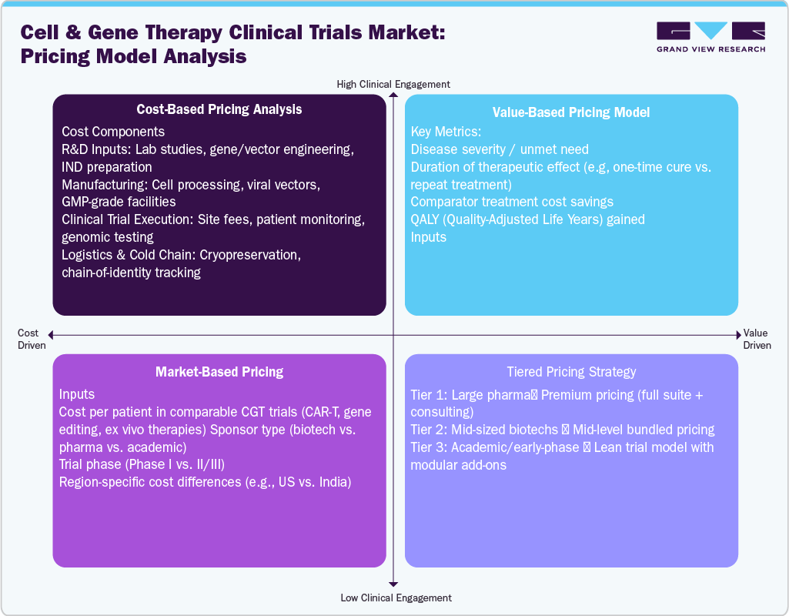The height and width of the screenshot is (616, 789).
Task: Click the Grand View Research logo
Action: pos(710,37)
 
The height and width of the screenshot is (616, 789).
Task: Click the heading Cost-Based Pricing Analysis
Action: pos(219,109)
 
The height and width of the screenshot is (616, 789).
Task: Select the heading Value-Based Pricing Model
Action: pos(571,112)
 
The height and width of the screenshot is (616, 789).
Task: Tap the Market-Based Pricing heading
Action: pos(219,372)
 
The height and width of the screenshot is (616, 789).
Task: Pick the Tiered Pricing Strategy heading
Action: pos(571,372)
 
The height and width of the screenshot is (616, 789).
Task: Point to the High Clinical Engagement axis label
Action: pos(393,84)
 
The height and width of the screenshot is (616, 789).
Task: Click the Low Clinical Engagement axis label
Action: pos(396,598)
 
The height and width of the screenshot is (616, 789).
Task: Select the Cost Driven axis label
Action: pos(28,340)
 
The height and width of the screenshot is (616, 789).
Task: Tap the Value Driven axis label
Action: pos(757,340)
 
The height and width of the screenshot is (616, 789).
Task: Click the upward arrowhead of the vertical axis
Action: pos(393,95)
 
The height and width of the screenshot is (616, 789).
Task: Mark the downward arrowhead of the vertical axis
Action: pos(393,584)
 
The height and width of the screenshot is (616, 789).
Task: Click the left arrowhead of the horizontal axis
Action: pos(50,334)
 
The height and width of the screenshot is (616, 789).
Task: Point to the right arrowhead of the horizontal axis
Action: pos(737,334)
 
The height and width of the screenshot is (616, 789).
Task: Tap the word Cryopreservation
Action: pos(255,255)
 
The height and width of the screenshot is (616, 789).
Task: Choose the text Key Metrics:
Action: pos(446,132)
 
